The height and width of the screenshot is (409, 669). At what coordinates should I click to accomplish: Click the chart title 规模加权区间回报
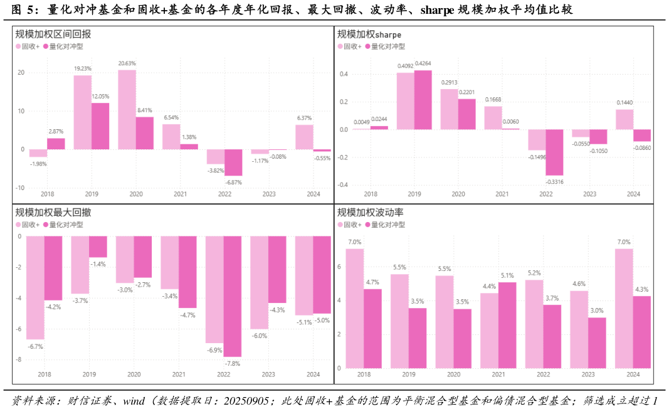coord(53,34)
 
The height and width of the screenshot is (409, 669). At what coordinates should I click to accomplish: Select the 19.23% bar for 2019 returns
coord(83,112)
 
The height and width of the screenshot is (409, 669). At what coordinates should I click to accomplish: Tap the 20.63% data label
coord(127,63)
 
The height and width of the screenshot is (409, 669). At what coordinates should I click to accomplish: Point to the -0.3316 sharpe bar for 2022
coord(554,152)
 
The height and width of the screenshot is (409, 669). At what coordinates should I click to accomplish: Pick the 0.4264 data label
coord(423,63)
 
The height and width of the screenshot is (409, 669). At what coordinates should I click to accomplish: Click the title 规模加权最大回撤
coord(53,212)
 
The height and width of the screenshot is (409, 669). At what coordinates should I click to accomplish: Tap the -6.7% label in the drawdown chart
coord(34,346)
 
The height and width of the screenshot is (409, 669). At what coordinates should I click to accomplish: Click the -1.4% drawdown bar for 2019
coord(98,247)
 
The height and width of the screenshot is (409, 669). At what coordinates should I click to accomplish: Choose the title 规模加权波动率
coord(370,212)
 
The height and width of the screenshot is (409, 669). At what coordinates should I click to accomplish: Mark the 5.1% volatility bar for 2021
coord(507,325)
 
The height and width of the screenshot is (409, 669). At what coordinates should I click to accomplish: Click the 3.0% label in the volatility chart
coord(597,311)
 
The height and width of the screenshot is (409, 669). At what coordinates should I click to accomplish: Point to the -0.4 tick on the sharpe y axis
coord(344,185)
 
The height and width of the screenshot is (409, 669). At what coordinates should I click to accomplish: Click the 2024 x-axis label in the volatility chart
coord(633,374)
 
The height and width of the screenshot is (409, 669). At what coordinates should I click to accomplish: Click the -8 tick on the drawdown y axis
coord(19,360)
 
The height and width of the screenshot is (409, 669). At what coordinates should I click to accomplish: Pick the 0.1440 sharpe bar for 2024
coord(624,119)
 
